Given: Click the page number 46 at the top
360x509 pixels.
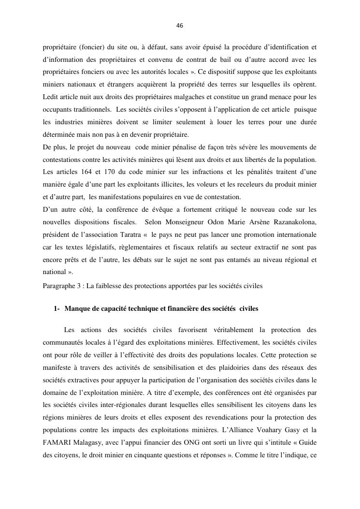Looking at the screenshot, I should [180, 26].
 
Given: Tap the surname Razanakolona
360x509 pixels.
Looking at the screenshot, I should [292, 222].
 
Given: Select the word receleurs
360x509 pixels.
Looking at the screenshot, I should [244, 184].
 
